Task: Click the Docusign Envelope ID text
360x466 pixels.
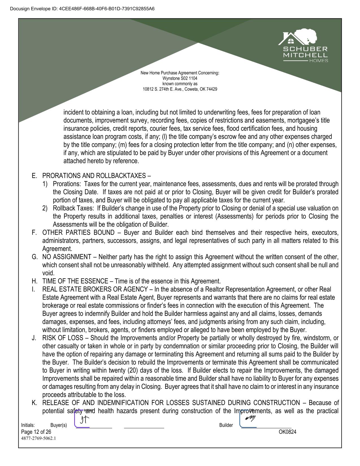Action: (x=82, y=9)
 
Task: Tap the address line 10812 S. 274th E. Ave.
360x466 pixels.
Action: (x=180, y=89)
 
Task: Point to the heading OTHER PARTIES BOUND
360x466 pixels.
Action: (x=78, y=233)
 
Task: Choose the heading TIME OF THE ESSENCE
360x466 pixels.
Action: (x=75, y=281)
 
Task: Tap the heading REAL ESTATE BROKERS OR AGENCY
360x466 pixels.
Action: (x=95, y=289)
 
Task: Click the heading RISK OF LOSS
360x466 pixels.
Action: (x=63, y=338)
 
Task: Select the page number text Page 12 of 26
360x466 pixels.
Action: (x=36, y=432)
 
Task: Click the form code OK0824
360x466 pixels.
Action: (x=287, y=432)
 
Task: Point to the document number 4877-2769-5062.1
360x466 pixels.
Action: (x=38, y=439)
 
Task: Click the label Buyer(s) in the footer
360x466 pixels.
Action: (x=58, y=425)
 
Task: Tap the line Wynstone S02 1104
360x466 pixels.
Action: (x=180, y=78)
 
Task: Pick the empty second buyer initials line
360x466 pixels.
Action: (x=144, y=425)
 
